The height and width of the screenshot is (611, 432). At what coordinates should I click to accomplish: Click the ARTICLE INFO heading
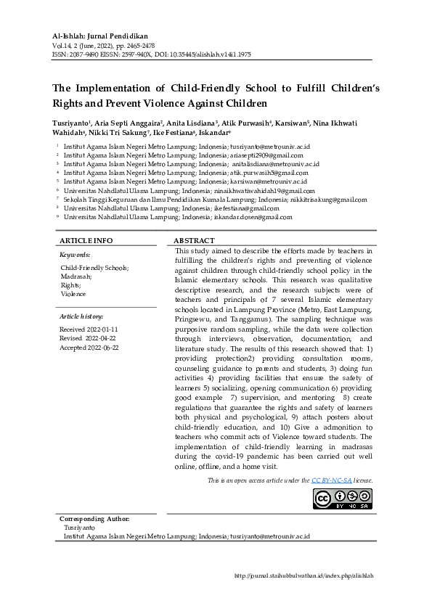point(86,240)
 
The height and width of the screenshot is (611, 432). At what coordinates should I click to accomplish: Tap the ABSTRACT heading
point(195,240)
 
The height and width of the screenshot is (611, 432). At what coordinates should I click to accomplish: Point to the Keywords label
point(75,255)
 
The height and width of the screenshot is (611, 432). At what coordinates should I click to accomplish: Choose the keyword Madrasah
point(76,276)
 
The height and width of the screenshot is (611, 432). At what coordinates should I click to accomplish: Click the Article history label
point(81,316)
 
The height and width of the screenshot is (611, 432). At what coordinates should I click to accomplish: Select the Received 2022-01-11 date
point(89,329)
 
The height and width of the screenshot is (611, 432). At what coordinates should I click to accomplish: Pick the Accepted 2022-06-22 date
point(89,347)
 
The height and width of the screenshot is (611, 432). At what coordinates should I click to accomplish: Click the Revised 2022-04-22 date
point(89,338)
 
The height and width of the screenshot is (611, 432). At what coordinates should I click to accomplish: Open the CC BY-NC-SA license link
point(332,480)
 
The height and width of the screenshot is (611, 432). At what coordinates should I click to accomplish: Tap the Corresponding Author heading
point(94,519)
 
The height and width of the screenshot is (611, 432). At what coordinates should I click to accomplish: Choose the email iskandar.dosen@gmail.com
point(256,216)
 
